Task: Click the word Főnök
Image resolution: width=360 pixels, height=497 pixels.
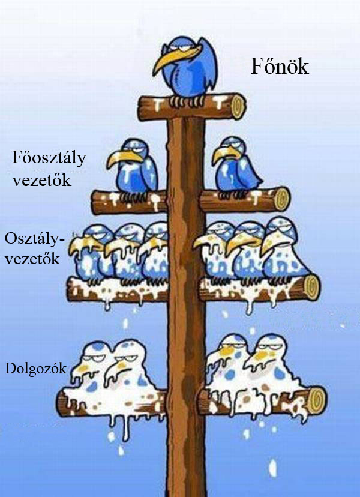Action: (x=279, y=67)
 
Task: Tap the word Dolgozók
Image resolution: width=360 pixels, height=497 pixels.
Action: (x=35, y=367)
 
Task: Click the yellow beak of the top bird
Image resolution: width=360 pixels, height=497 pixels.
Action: (x=165, y=59)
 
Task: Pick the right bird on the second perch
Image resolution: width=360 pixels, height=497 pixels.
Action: (x=238, y=165)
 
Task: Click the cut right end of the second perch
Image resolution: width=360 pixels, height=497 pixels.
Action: (x=281, y=199)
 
